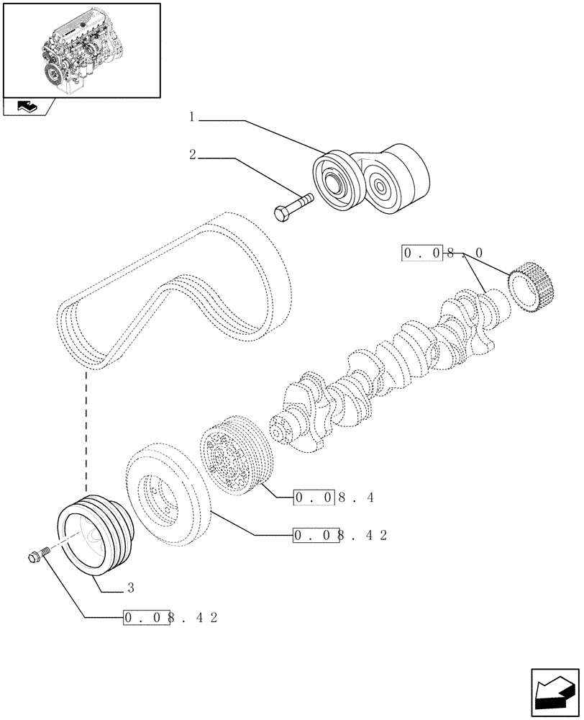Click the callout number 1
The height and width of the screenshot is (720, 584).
click(193, 117)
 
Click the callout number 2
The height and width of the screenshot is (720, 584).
click(193, 155)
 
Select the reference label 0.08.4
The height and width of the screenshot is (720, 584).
click(334, 497)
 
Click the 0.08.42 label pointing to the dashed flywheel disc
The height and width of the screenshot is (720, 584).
click(339, 535)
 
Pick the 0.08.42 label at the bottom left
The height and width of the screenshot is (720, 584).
click(170, 618)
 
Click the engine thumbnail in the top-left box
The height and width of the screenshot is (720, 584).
click(81, 49)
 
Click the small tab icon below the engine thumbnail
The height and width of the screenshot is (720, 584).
click(26, 107)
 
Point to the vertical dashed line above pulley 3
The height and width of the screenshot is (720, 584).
click(87, 432)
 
